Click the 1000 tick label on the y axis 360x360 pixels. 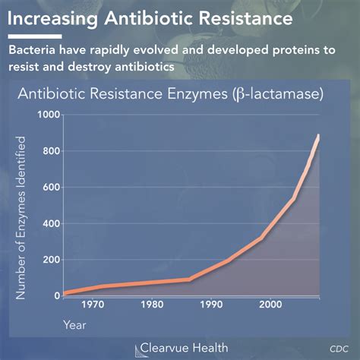(x=43, y=115)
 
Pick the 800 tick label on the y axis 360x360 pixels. (x=46, y=151)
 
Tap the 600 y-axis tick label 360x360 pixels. (x=46, y=187)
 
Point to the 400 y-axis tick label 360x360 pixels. (x=46, y=223)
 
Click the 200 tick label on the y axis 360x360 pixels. (x=46, y=260)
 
